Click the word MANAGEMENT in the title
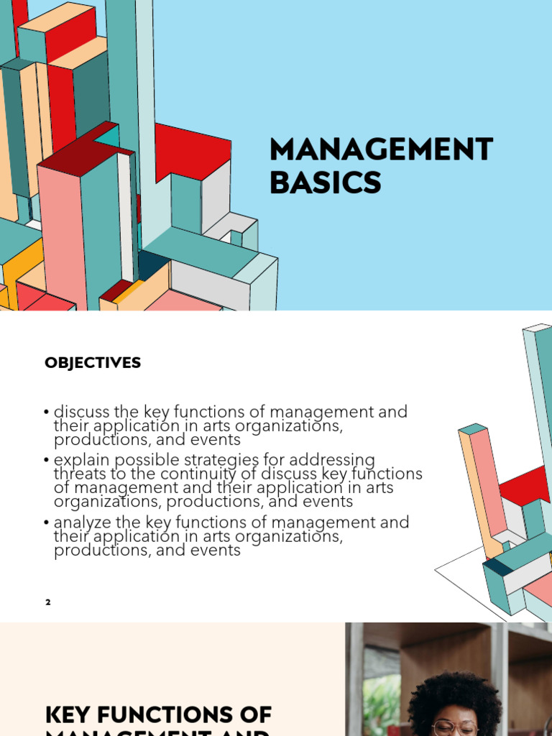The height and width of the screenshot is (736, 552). point(381,149)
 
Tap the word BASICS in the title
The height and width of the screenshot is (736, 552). point(325,183)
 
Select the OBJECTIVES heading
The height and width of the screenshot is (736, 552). point(93,363)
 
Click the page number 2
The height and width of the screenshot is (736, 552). point(48,602)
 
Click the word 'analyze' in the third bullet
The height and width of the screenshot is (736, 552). point(79,522)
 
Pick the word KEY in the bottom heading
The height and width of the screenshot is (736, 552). point(69,715)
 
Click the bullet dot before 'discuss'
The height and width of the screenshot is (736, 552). point(47,413)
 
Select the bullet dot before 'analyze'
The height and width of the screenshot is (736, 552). point(47,523)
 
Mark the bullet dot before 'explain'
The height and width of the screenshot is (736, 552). point(47,460)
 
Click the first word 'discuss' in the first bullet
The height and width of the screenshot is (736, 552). point(81,412)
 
